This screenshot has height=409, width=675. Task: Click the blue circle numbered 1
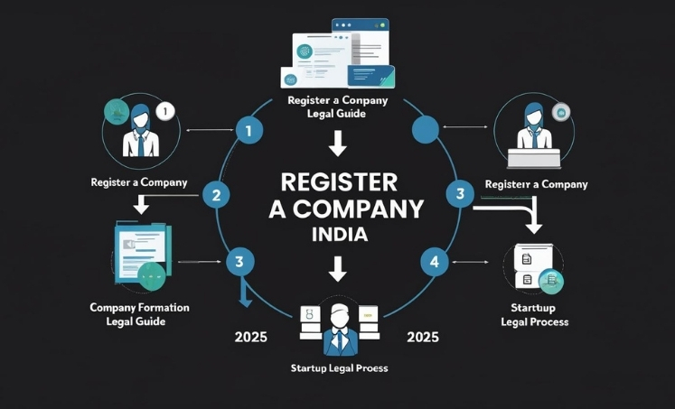coord(248,132)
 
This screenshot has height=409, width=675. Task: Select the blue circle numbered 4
coord(435,262)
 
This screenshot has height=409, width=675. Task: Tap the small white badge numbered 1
coord(164,112)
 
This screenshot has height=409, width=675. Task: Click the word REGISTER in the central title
coord(339,181)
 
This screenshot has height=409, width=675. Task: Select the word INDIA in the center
coord(337,236)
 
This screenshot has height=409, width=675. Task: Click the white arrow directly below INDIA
coord(337,268)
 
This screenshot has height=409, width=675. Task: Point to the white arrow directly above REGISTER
coord(337,143)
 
